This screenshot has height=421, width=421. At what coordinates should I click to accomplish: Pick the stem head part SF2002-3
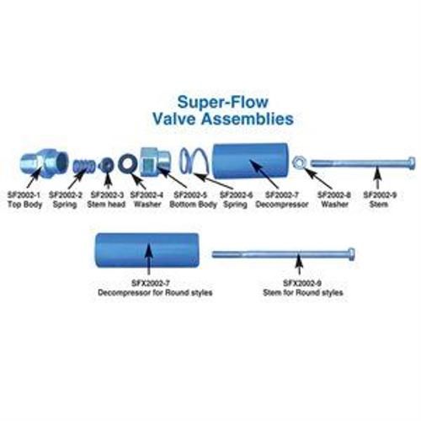(x=107, y=163)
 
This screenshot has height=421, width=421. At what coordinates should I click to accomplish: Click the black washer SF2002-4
(x=128, y=162)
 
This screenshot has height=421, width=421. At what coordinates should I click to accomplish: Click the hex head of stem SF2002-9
(x=408, y=162)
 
